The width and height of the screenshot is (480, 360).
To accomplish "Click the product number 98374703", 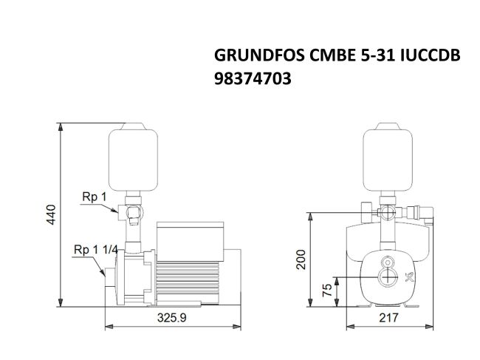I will [252, 79].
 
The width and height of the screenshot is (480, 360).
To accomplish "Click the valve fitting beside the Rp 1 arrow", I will [133, 214].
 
